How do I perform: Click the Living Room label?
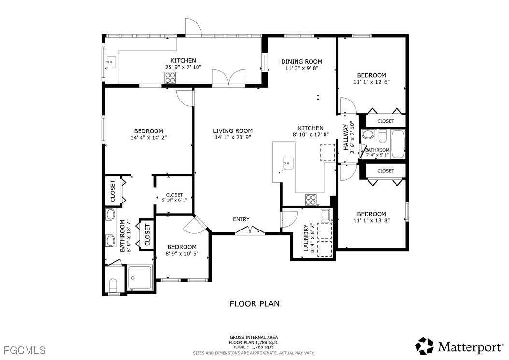point(233,130)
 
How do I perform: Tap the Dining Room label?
point(301,61)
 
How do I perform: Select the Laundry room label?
point(306,238)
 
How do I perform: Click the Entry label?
point(241,219)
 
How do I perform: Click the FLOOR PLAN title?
point(254,304)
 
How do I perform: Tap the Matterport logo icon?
point(424,346)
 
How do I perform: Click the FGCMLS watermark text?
point(25,350)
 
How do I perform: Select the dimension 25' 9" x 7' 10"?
point(183,67)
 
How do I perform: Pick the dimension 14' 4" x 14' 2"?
point(148,137)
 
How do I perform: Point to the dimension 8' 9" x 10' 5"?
point(182,253)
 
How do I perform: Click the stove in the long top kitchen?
point(170,78)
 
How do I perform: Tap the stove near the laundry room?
point(311,200)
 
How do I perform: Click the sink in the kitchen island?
point(288,162)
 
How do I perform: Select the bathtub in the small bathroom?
point(398,144)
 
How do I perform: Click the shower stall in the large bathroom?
point(140,277)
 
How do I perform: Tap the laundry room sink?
point(325,215)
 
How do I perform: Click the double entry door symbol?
point(250,230)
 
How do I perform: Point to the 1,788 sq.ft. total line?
point(254,347)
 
